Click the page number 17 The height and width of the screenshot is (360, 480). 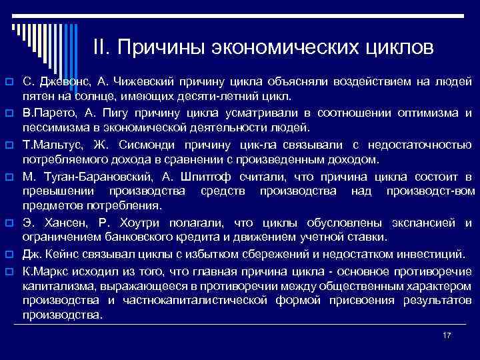tap(447, 334)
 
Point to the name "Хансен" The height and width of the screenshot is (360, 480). tap(61, 223)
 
